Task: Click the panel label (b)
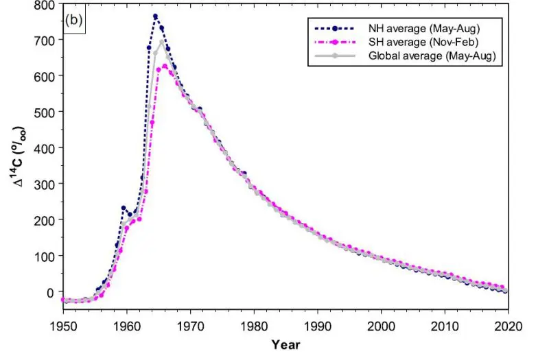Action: click(x=74, y=20)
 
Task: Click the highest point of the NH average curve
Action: click(x=155, y=16)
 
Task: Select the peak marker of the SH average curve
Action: click(x=165, y=67)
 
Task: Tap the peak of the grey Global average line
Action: click(x=162, y=42)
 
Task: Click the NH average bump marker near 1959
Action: click(x=124, y=208)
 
